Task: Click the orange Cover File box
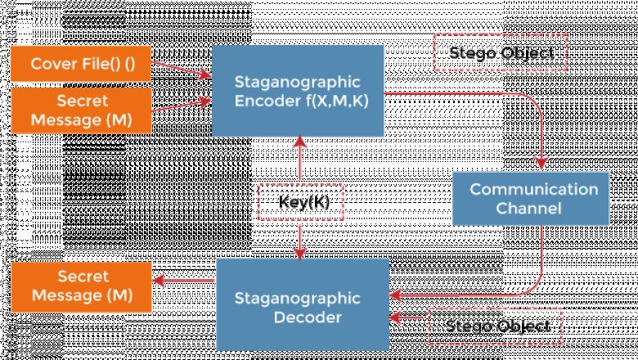(81, 65)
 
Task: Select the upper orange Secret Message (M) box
(81, 111)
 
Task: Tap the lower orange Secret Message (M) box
(81, 286)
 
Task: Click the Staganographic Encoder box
(297, 90)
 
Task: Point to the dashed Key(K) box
(299, 202)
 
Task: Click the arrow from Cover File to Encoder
(182, 71)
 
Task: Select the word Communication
(533, 189)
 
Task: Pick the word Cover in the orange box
(51, 65)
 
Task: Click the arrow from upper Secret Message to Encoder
(182, 106)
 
